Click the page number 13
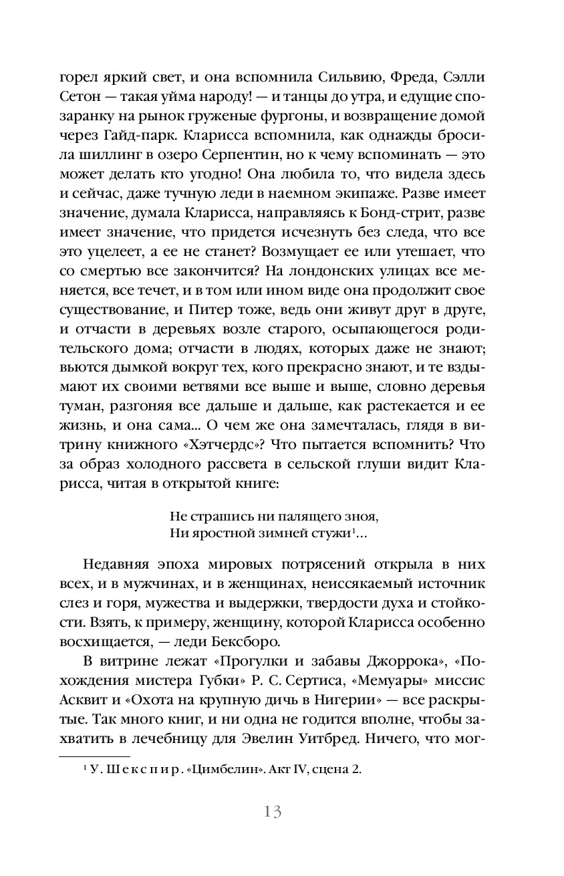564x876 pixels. click(273, 812)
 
